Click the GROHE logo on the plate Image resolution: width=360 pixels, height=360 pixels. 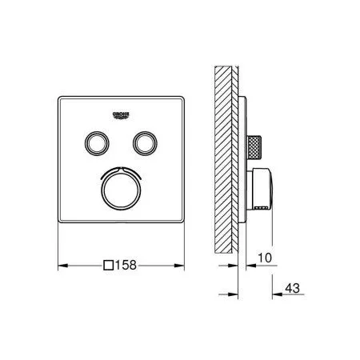pos(121,115)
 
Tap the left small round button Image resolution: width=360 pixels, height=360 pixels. pos(97,143)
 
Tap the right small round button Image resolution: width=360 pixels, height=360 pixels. pos(145,143)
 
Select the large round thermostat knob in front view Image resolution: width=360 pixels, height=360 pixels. pos(121,190)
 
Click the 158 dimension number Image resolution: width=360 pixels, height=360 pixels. pos(126,265)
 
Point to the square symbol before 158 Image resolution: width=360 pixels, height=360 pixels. pos(109,266)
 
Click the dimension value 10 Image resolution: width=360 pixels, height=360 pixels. pos(265,258)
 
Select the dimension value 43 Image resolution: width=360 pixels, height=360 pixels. pos(293,288)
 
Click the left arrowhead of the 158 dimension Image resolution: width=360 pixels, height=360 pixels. pos(63,266)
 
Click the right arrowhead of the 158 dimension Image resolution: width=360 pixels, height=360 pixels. pos(179,266)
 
